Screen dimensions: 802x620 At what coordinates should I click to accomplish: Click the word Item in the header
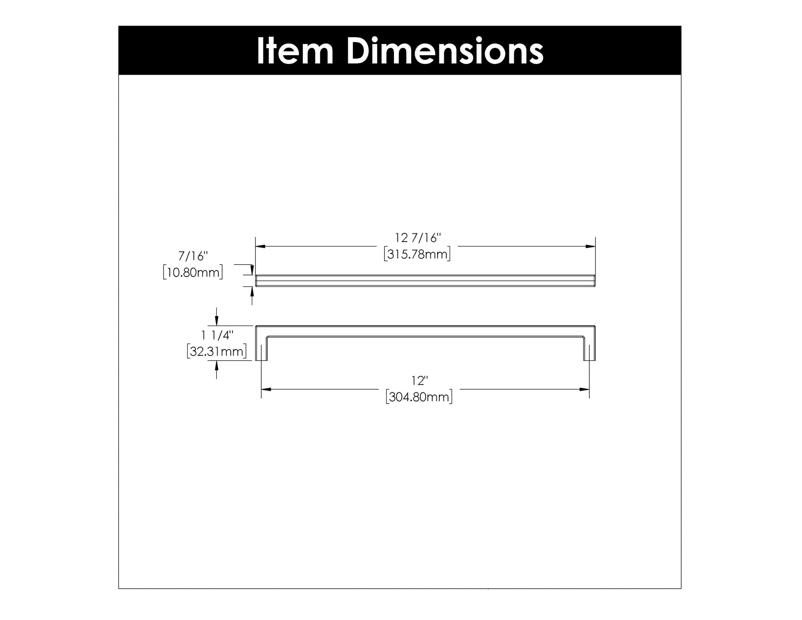[x=295, y=51]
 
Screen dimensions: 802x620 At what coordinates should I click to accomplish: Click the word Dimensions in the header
[x=445, y=51]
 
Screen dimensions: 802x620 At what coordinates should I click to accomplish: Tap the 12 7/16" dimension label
[x=418, y=238]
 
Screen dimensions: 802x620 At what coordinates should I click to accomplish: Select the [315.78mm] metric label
[x=417, y=254]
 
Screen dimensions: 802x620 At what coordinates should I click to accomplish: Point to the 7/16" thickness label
[x=193, y=256]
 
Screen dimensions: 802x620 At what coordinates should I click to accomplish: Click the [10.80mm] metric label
[x=193, y=272]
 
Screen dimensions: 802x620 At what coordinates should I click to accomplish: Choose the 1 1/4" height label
[x=217, y=336]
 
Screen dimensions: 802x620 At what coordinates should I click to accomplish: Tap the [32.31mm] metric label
[x=217, y=352]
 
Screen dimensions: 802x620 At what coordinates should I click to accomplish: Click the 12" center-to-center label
[x=419, y=380]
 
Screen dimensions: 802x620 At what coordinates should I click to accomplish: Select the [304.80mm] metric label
[x=419, y=397]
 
